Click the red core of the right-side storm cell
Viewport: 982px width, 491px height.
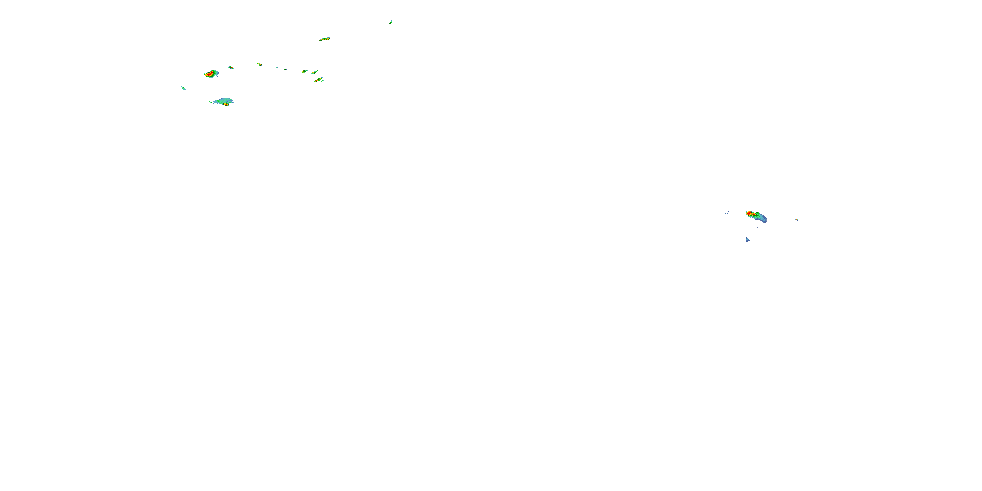[x=750, y=213]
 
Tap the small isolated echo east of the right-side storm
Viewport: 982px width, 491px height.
[x=796, y=220]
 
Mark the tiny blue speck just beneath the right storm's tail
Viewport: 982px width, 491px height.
[x=757, y=227]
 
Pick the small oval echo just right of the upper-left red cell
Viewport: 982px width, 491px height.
[x=231, y=67]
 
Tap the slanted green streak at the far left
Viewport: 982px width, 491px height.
[x=183, y=88]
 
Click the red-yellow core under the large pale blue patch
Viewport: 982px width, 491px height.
[x=227, y=104]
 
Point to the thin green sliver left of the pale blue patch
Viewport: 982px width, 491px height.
[x=211, y=102]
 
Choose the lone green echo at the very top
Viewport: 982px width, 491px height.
[x=391, y=22]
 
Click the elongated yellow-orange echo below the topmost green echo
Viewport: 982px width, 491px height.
[x=324, y=39]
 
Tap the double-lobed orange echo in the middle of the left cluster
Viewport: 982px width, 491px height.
[x=259, y=64]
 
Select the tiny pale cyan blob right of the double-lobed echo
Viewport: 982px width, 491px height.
[x=277, y=67]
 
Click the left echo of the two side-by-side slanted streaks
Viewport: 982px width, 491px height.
[x=305, y=71]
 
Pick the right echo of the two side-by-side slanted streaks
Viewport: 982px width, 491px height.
[x=314, y=72]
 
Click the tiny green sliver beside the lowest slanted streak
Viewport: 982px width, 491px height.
[x=323, y=81]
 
